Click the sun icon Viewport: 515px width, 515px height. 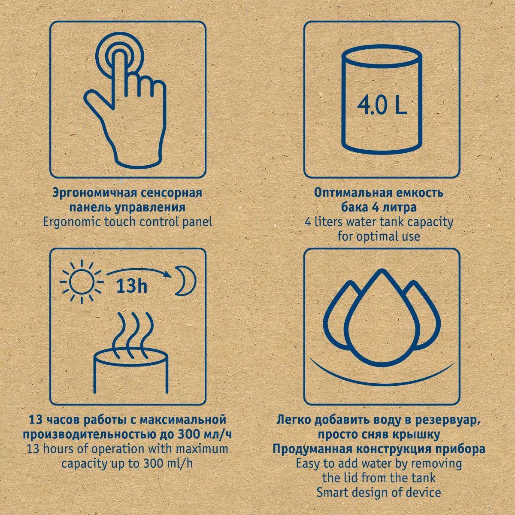click(x=82, y=282)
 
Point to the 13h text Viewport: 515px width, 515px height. click(x=132, y=287)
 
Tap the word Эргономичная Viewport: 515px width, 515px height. click(x=93, y=194)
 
